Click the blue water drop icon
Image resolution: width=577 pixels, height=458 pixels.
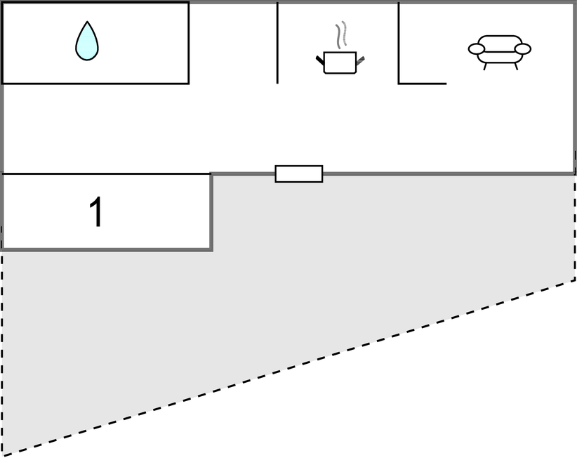point(87,42)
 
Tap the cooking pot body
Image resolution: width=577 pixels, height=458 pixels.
point(340,63)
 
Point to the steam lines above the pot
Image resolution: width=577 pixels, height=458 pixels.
point(341,35)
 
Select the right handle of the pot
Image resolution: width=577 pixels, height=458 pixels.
point(361,60)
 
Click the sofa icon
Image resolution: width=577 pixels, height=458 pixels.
point(500,49)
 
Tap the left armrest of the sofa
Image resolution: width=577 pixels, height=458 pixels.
point(477,49)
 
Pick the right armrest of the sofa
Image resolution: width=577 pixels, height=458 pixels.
point(522,49)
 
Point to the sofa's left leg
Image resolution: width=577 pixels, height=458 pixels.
point(485,66)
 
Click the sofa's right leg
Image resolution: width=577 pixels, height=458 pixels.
point(516,66)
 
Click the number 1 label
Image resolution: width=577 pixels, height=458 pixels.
point(97,212)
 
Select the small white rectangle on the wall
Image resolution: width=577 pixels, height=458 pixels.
point(299,174)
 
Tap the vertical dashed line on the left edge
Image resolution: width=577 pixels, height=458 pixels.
point(3,351)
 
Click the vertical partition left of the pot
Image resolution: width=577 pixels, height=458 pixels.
point(277,42)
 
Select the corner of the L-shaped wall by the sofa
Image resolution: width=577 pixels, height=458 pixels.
point(399,83)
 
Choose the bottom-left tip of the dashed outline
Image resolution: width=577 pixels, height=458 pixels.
point(4,454)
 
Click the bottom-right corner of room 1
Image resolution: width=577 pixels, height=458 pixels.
point(211,249)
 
